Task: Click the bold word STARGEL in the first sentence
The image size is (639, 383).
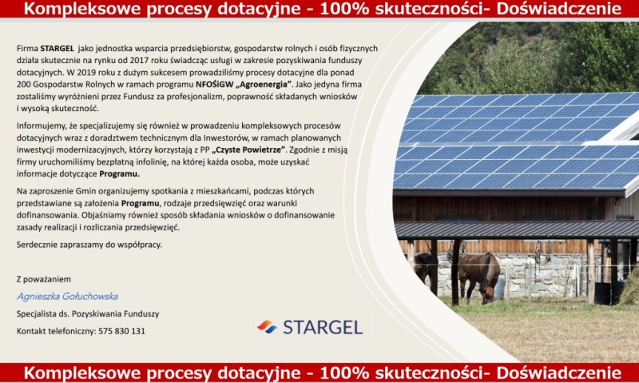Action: pyautogui.click(x=57, y=48)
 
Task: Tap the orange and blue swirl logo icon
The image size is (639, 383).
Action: pyautogui.click(x=267, y=327)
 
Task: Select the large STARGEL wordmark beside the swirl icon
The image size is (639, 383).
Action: pyautogui.click(x=323, y=327)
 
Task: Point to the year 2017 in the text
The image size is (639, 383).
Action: pyautogui.click(x=139, y=60)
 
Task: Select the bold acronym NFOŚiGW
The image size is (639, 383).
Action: pyautogui.click(x=214, y=85)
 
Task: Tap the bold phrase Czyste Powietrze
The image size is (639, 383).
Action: pyautogui.click(x=248, y=150)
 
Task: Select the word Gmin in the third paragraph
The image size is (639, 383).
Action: pyautogui.click(x=85, y=191)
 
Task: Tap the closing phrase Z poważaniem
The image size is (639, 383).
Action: pyautogui.click(x=44, y=279)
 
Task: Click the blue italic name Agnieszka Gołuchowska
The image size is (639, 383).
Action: pyautogui.click(x=67, y=297)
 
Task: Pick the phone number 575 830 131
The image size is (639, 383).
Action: pyautogui.click(x=121, y=331)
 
